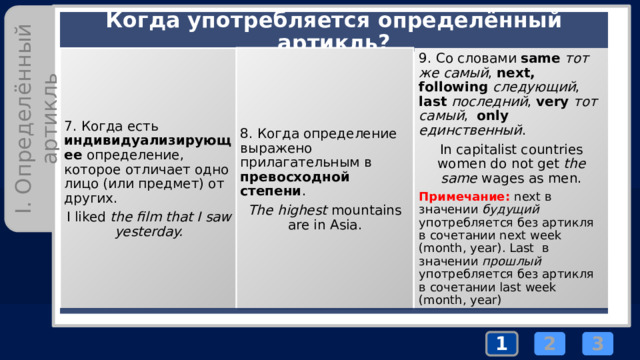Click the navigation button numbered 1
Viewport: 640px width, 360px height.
502,344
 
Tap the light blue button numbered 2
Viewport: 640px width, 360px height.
549,344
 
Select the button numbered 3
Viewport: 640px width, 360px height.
598,344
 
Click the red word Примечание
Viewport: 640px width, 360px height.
464,197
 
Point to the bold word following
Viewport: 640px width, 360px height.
453,87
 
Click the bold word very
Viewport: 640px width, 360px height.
552,102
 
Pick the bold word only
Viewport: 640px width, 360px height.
492,116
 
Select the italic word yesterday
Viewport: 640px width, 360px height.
149,232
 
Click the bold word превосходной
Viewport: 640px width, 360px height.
295,177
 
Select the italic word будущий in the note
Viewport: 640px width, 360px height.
511,209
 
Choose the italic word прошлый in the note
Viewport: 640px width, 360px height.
512,261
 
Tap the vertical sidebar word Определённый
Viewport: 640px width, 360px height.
23,109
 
